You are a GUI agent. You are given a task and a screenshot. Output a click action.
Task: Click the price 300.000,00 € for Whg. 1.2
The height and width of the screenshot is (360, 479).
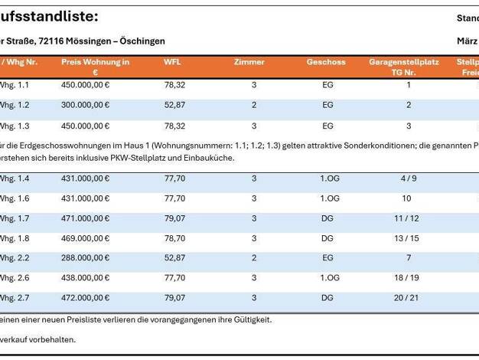[x=85, y=105]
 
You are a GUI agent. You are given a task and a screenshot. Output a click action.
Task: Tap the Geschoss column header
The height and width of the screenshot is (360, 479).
[x=326, y=62]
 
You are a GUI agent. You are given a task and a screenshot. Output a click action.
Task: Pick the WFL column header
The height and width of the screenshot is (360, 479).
[x=172, y=62]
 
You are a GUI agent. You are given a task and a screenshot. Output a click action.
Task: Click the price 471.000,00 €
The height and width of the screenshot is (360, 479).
[x=85, y=218]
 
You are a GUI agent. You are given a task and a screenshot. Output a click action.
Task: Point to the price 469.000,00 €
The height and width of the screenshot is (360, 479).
[x=85, y=238]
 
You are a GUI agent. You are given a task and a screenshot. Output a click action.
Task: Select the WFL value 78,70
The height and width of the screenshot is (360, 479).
[x=174, y=238]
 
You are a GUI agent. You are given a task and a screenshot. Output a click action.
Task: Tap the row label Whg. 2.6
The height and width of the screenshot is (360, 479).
[x=15, y=278]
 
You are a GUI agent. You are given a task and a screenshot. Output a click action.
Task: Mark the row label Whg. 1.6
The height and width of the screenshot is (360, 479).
[x=15, y=198]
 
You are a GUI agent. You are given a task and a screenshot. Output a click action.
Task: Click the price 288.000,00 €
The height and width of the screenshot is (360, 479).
[x=85, y=258]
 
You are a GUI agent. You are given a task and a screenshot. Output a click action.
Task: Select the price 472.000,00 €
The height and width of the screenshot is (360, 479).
[x=85, y=297]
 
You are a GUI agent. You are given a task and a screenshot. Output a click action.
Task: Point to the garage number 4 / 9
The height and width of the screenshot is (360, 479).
[x=408, y=178]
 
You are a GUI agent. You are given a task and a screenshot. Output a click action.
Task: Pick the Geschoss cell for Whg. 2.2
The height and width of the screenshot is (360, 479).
[x=327, y=258]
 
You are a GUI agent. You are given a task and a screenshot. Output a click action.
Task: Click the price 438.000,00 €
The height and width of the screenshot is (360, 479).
[x=85, y=278]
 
